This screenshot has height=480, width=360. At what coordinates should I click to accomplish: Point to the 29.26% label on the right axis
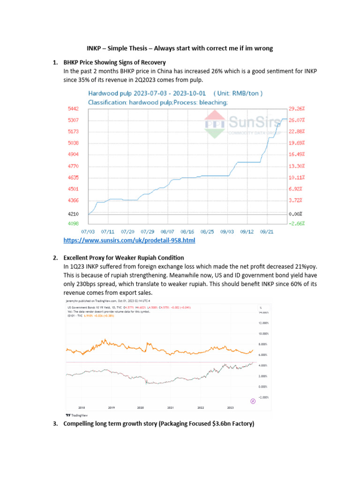pyautogui.click(x=297, y=108)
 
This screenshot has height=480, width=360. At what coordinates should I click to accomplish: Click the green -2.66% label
pyautogui.click(x=297, y=224)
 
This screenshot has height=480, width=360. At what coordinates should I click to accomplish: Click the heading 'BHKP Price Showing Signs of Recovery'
pyautogui.click(x=115, y=62)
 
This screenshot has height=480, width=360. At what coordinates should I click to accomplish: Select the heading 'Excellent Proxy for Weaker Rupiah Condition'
pyautogui.click(x=124, y=258)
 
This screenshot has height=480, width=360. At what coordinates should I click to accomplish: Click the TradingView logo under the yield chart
pyautogui.click(x=76, y=415)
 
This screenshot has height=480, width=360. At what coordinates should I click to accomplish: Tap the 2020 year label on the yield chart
pyautogui.click(x=141, y=407)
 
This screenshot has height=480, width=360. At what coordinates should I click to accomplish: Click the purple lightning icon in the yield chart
pyautogui.click(x=254, y=401)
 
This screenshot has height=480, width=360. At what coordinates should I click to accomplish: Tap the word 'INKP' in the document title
pyautogui.click(x=96, y=47)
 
